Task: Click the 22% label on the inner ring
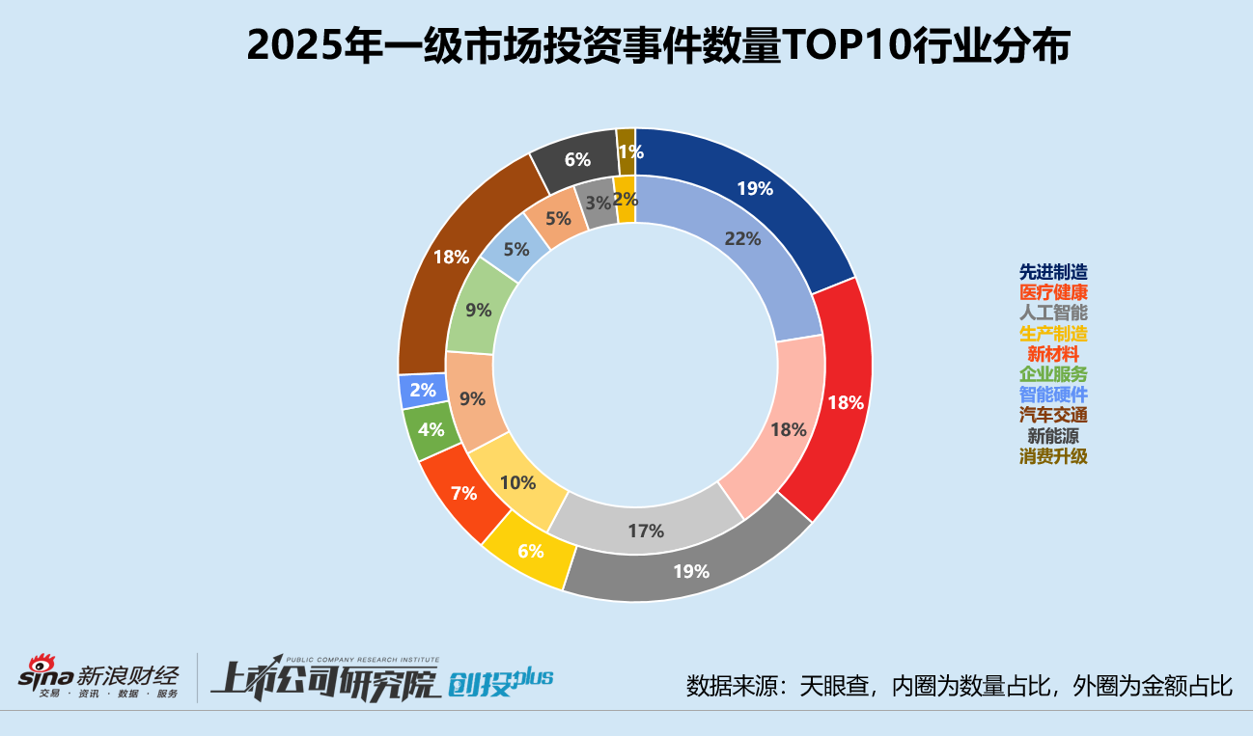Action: pos(742,239)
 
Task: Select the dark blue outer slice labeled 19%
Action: pos(755,189)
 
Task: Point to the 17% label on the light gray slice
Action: pos(645,531)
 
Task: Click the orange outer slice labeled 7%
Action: pos(463,493)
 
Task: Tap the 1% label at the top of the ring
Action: pos(630,150)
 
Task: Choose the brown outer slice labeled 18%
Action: pos(452,258)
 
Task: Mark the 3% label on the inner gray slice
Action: pos(598,203)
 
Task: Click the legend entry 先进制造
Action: pos(1053,273)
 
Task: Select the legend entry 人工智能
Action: pos(1053,313)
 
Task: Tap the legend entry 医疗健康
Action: pos(1053,293)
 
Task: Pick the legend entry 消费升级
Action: pos(1053,457)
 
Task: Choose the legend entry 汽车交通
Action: pos(1053,416)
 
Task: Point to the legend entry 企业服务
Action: pos(1053,375)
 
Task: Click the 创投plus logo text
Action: pos(500,681)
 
